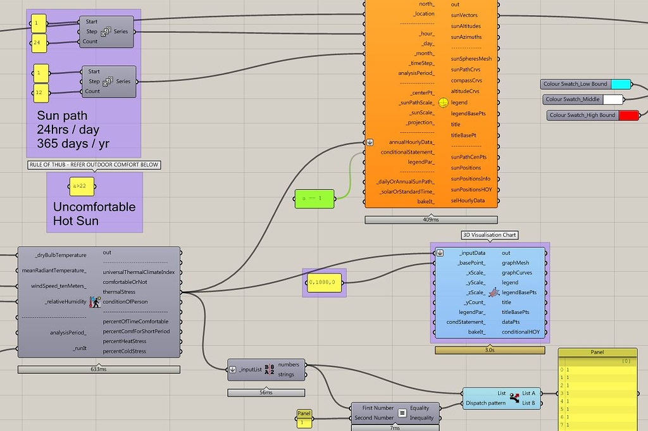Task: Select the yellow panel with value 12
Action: tap(42, 93)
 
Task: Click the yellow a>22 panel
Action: tap(81, 186)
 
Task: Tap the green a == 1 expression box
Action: tap(315, 199)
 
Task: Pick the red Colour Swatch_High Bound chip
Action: tap(628, 115)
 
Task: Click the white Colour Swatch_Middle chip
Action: tap(613, 99)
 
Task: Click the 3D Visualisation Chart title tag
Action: tap(489, 235)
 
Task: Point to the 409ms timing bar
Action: tap(430, 220)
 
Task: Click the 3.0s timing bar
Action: tap(489, 349)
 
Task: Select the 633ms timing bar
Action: tap(99, 370)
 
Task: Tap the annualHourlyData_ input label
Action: tap(411, 142)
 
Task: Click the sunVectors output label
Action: tap(464, 15)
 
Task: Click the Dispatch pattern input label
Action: tap(486, 403)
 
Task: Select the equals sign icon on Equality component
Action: tap(401, 413)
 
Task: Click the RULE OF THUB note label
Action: tap(94, 165)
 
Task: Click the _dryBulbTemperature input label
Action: tap(61, 255)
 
